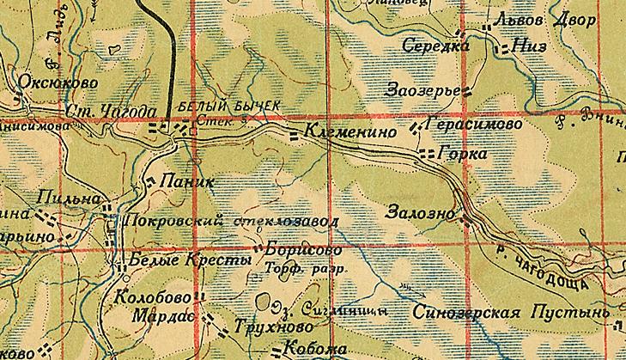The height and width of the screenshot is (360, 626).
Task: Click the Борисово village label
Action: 298,250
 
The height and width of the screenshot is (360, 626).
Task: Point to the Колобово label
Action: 151,297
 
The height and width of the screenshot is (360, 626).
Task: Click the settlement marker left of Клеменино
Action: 294,135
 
